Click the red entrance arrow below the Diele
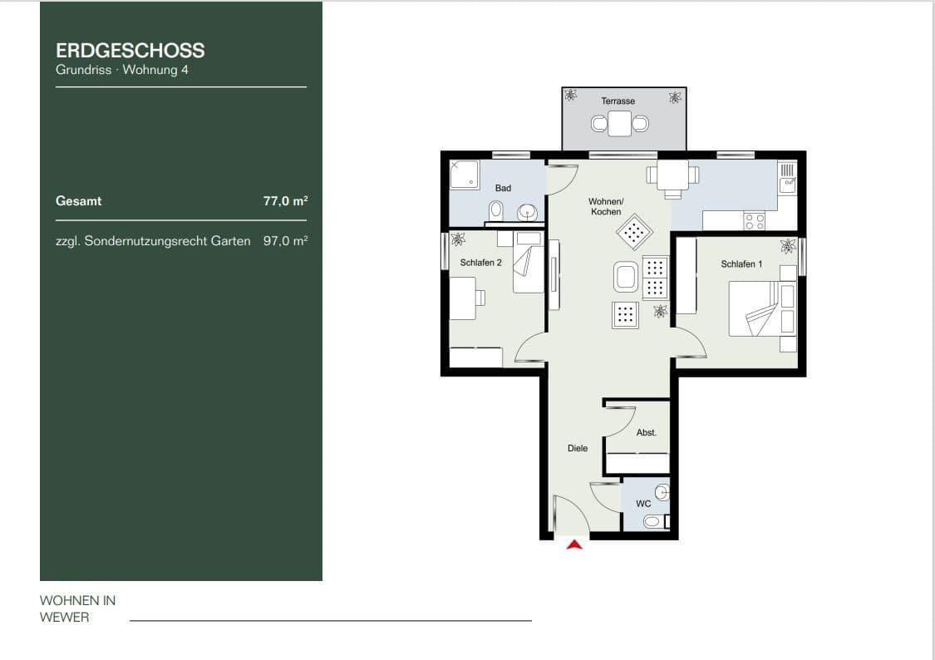click(574, 544)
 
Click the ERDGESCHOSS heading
click(130, 50)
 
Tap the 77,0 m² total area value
click(285, 200)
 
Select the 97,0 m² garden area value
click(285, 241)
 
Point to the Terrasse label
click(618, 101)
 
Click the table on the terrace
click(620, 124)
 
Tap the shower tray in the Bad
click(465, 174)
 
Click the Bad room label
click(503, 188)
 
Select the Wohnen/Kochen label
click(605, 206)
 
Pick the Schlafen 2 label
click(480, 263)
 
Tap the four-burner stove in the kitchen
click(754, 220)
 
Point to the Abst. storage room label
click(646, 432)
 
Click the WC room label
click(642, 504)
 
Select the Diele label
click(578, 448)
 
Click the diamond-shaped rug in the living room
click(634, 232)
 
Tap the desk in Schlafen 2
click(463, 298)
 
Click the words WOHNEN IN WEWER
click(77, 608)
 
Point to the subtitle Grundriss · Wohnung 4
click(122, 70)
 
